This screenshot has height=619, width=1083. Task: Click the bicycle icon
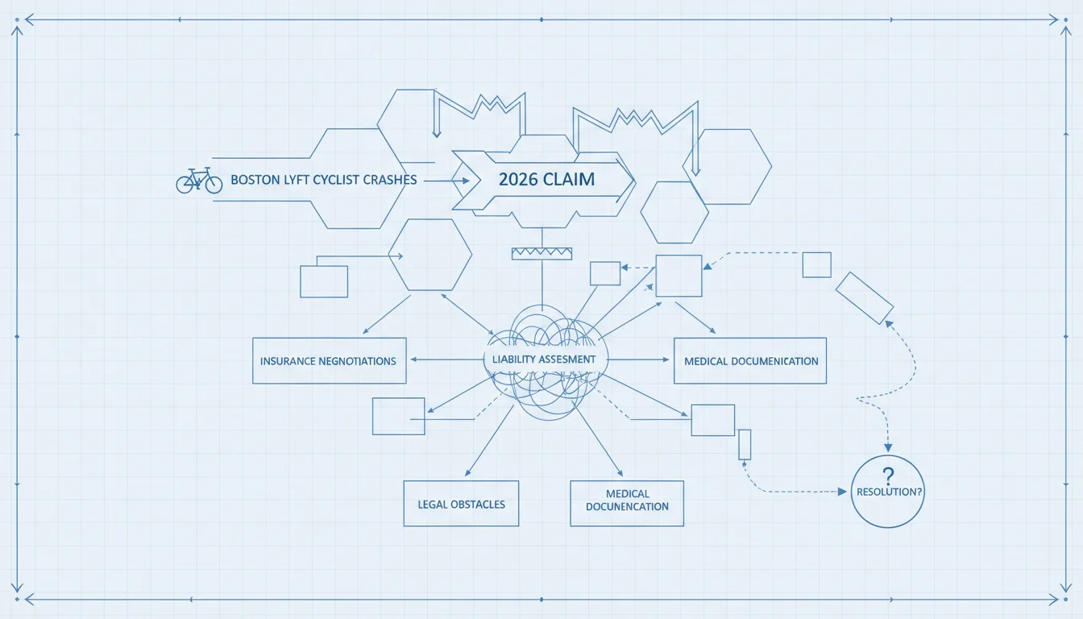point(199,181)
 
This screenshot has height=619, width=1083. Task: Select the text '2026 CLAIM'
point(546,180)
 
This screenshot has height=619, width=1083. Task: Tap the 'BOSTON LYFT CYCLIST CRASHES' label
point(323,180)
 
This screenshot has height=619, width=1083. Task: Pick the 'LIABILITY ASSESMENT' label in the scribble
point(544,359)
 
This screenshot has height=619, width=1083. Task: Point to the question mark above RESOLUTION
point(888,476)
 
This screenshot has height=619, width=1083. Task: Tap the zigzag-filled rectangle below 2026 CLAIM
point(542,253)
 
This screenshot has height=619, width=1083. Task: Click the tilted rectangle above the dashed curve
point(865,298)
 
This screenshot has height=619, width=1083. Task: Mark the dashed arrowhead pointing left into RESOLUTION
point(842,492)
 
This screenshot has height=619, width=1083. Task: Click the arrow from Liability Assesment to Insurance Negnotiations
point(447,359)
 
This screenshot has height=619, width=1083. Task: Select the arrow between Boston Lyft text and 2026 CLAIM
point(446,181)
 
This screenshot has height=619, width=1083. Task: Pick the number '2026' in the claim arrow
point(518,180)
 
